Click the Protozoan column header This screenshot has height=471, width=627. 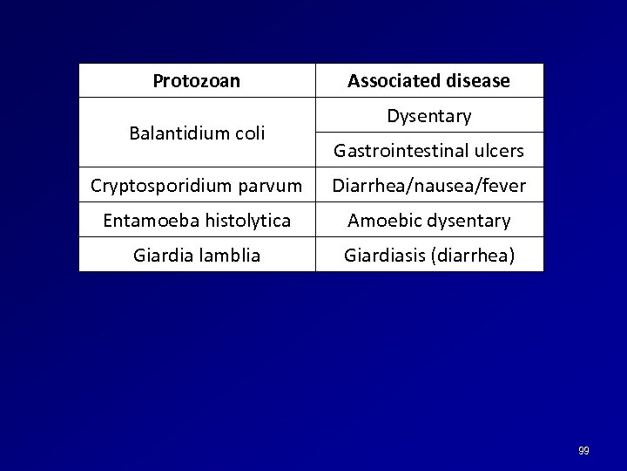[197, 81]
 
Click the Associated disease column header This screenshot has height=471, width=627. [429, 81]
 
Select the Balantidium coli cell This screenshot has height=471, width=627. [197, 133]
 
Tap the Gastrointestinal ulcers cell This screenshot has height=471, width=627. [429, 151]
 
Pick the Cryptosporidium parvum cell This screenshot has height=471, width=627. [197, 186]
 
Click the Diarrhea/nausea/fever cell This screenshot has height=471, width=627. [429, 186]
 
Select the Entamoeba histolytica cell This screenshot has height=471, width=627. [197, 221]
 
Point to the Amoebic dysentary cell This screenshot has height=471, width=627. [429, 221]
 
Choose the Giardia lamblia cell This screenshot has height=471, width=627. [197, 256]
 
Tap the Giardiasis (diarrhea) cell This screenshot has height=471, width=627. [429, 256]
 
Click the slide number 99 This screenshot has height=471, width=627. [583, 451]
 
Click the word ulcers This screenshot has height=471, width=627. [499, 151]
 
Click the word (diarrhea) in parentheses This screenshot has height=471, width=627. [475, 256]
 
